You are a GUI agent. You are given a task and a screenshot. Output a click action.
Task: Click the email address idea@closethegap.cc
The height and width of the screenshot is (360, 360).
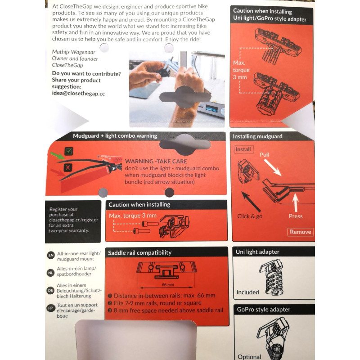pyautogui.click(x=78, y=94)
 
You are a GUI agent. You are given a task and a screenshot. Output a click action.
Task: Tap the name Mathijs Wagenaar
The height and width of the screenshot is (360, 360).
pyautogui.click(x=73, y=52)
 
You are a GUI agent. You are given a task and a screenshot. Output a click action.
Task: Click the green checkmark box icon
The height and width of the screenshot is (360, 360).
pyautogui.click(x=69, y=151)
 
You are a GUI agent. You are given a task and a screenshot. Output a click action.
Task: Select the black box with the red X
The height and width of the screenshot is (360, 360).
pyautogui.click(x=68, y=167)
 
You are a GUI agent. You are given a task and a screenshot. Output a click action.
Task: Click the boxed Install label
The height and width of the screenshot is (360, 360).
pyautogui.click(x=243, y=149)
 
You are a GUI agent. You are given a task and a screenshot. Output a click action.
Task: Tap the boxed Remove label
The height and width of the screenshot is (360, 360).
pyautogui.click(x=300, y=232)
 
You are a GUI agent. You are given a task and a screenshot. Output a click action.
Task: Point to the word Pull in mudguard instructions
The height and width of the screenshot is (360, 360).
pyautogui.click(x=264, y=155)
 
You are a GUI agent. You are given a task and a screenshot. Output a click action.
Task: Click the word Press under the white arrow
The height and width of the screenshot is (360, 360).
pyautogui.click(x=296, y=216)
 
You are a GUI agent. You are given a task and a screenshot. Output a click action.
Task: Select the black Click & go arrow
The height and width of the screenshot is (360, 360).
pyautogui.click(x=251, y=202)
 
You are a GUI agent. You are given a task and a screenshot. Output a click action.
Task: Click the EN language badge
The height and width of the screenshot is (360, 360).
pyautogui.click(x=51, y=255)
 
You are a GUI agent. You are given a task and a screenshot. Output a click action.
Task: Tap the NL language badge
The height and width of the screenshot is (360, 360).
pyautogui.click(x=50, y=273)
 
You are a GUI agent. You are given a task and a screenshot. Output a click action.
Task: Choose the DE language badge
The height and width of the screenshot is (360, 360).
pyautogui.click(x=50, y=290)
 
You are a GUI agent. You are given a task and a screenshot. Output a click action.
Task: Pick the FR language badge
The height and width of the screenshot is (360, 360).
pyautogui.click(x=50, y=308)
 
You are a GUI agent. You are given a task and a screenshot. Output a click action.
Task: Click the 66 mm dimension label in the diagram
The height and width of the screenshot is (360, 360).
pyautogui.click(x=168, y=285)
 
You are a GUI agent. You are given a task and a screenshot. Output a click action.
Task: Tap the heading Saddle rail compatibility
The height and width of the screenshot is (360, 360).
pyautogui.click(x=139, y=253)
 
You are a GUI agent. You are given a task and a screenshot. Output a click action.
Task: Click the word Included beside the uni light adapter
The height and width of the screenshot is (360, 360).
pyautogui.click(x=248, y=292)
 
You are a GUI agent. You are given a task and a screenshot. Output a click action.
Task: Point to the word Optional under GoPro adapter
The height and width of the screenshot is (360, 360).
pyautogui.click(x=249, y=357)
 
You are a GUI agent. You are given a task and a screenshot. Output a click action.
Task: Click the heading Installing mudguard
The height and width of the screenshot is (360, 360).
pyautogui.click(x=257, y=136)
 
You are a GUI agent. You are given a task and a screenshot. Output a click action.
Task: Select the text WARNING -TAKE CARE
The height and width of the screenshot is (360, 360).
pyautogui.click(x=156, y=162)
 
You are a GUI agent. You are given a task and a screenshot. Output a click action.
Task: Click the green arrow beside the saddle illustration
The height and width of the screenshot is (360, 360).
pyautogui.click(x=58, y=156)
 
